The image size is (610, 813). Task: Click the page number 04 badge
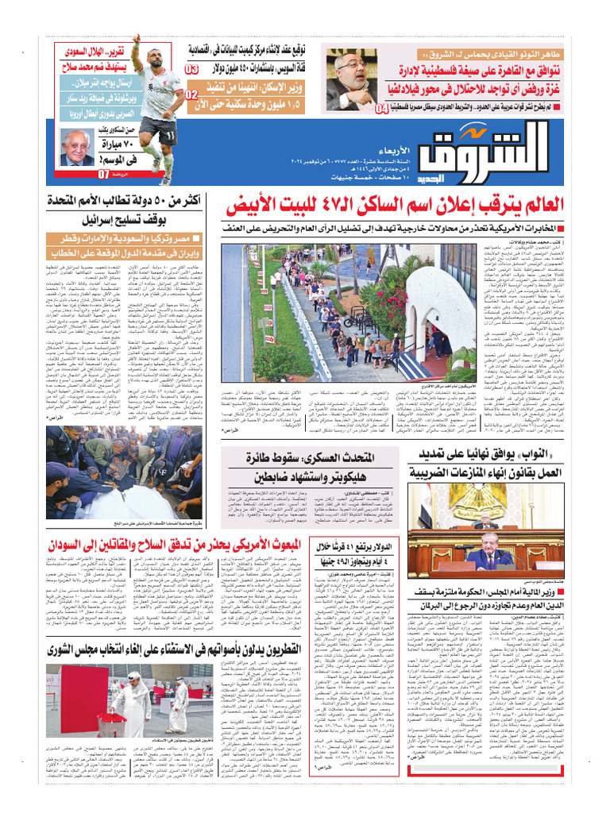[382, 108]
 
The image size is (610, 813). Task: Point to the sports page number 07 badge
[103, 174]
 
